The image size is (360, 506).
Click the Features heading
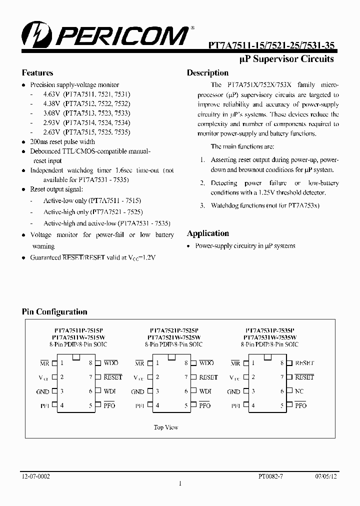pyautogui.click(x=37, y=72)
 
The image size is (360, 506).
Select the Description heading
pyautogui.click(x=207, y=73)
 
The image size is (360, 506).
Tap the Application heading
pyautogui.click(x=208, y=233)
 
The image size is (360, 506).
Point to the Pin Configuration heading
pyautogui.click(x=54, y=311)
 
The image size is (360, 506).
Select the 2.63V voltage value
pyautogui.click(x=51, y=132)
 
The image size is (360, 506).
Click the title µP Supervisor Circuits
pyautogui.click(x=287, y=59)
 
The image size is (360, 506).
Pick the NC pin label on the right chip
pyautogui.click(x=299, y=391)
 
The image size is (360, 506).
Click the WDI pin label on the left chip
pyautogui.click(x=109, y=391)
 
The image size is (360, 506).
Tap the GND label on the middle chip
pyautogui.click(x=137, y=392)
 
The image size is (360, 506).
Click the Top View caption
pyautogui.click(x=165, y=427)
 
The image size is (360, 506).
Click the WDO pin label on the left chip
pyautogui.click(x=110, y=363)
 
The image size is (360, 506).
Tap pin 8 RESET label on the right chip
pyautogui.click(x=304, y=363)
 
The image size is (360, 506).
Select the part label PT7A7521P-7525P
pyautogui.click(x=174, y=331)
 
